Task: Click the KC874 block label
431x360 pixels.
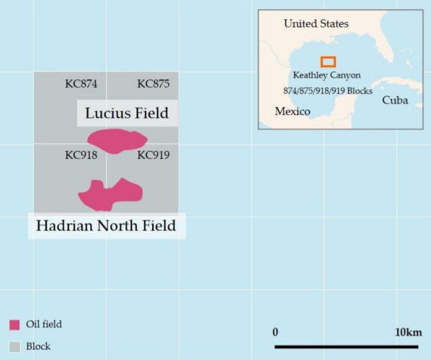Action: click(x=81, y=84)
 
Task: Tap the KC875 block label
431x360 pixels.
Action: click(x=153, y=84)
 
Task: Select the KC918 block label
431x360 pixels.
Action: click(x=81, y=156)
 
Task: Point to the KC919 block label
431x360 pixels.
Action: click(x=153, y=156)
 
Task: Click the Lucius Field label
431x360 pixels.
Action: click(x=126, y=113)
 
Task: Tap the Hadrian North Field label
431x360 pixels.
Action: click(x=106, y=226)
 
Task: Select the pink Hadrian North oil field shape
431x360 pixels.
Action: click(x=110, y=194)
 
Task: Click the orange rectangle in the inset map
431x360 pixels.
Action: click(x=328, y=62)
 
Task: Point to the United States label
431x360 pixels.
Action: click(x=315, y=24)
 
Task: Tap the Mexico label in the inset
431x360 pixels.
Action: click(x=292, y=112)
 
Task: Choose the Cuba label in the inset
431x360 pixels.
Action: click(x=394, y=101)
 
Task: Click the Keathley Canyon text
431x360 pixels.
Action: click(x=327, y=76)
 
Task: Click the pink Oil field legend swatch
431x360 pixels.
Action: click(x=15, y=325)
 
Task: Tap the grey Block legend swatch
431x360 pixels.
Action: click(x=15, y=346)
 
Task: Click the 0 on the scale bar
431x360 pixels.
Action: click(x=275, y=332)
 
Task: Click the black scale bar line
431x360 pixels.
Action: click(x=346, y=346)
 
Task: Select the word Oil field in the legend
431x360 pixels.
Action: click(x=44, y=325)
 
